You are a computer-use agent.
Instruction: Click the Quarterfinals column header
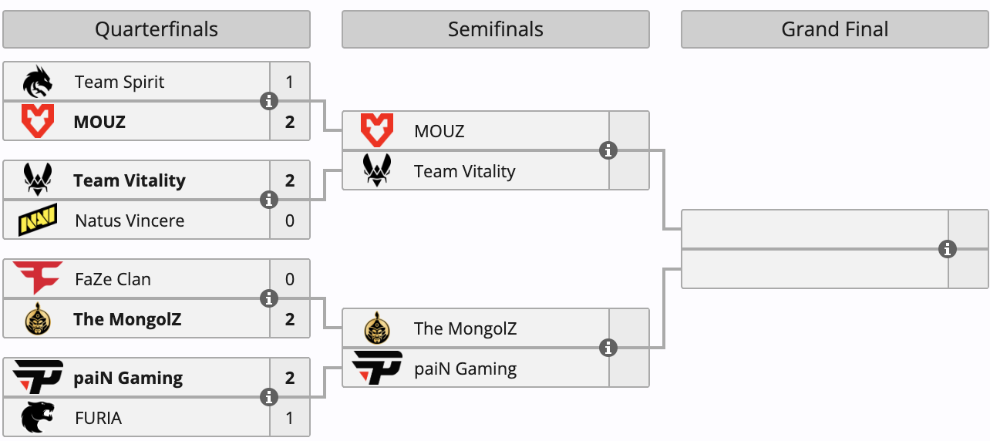coord(157,29)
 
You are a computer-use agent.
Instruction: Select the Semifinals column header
coord(496,29)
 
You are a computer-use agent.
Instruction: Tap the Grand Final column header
coord(834,29)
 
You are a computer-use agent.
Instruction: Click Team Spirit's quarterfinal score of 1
coord(289,82)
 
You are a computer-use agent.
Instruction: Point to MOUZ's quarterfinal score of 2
coord(289,122)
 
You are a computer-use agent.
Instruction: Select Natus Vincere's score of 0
coord(289,220)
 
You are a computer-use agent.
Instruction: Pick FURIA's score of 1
coord(289,418)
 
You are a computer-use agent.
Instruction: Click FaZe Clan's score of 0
coord(289,279)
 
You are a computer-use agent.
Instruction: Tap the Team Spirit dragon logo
coord(38,82)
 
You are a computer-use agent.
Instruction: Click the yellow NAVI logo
coord(38,220)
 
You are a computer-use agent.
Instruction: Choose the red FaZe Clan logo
coord(38,278)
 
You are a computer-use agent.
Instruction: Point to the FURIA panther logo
coord(38,417)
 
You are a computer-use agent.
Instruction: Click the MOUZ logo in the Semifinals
coord(377,130)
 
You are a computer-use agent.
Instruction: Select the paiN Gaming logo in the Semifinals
coord(377,368)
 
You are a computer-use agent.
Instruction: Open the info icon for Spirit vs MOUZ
coord(269,101)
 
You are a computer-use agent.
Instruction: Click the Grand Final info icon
coord(948,249)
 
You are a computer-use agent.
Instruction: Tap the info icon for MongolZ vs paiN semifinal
coord(608,348)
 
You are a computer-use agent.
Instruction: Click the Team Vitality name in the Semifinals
coord(464,171)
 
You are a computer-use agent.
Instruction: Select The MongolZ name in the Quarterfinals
coord(127,319)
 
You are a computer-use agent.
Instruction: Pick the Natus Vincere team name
coord(130,220)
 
